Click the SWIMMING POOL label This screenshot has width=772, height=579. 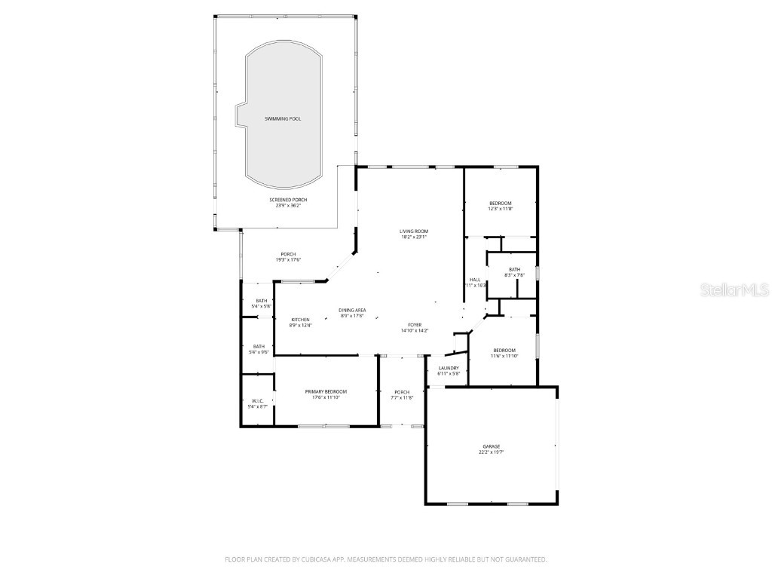coord(283,119)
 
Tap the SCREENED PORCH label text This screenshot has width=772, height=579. coord(288,200)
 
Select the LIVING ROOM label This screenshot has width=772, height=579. coord(414,231)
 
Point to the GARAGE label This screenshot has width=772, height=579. coord(491,446)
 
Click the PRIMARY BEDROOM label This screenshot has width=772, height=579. coord(326,391)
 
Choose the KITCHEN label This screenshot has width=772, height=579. coord(300,320)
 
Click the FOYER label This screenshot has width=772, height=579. coord(415,324)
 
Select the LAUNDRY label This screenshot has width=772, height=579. coord(449,368)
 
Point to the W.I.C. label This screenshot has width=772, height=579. coord(257,401)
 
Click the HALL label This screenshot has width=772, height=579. coord(475,280)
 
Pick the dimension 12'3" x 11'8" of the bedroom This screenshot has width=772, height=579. coord(501,209)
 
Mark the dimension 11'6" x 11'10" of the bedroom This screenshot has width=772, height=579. coord(504,355)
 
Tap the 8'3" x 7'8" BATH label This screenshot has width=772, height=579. coord(514,270)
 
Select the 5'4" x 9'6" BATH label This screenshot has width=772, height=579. coord(259,347)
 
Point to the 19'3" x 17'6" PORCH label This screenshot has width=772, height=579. coord(288,254)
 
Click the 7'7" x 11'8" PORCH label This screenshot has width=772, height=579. coord(402,392)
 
